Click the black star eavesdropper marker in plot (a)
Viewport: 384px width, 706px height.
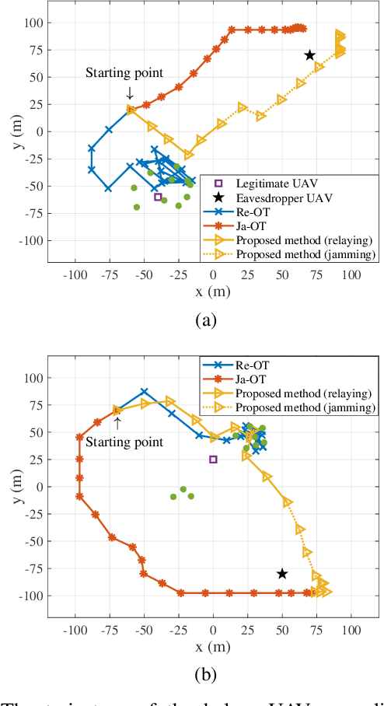[x=309, y=55]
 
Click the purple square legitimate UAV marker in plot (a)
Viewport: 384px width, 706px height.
[x=158, y=197]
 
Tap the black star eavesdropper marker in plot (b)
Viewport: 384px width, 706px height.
[x=282, y=574]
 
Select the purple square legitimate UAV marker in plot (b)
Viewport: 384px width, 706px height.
[x=213, y=460]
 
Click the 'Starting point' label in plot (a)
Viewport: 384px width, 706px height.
[x=124, y=74]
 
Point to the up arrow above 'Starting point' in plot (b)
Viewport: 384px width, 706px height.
[x=117, y=423]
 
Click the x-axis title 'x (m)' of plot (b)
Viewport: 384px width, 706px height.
[x=213, y=646]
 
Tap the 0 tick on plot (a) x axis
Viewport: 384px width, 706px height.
[x=213, y=275]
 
